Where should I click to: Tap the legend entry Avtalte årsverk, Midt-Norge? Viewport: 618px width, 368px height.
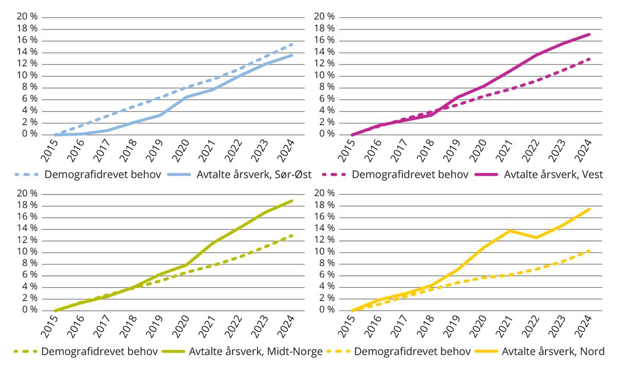click(256, 352)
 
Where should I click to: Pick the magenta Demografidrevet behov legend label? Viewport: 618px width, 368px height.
click(410, 174)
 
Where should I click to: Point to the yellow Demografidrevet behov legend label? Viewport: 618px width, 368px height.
click(413, 352)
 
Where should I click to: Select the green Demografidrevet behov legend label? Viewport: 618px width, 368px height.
click(100, 352)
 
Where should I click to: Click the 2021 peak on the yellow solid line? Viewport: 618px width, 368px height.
click(510, 230)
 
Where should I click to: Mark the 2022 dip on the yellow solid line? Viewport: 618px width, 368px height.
click(536, 238)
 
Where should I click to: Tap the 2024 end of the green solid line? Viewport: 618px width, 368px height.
click(292, 201)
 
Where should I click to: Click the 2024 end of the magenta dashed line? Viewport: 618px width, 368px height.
click(589, 59)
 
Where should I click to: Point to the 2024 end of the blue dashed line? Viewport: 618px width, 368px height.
click(292, 44)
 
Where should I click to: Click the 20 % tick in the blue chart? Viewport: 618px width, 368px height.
click(27, 16)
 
